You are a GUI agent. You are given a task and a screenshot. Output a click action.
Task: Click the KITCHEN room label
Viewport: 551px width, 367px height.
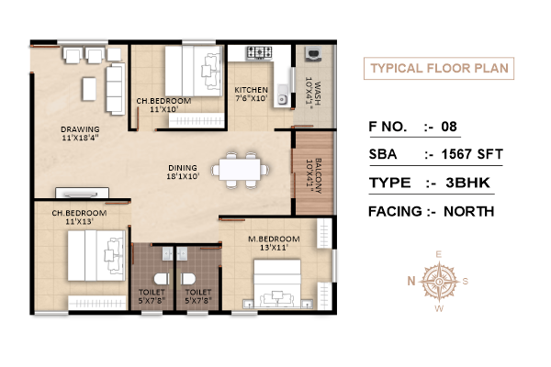[251, 90]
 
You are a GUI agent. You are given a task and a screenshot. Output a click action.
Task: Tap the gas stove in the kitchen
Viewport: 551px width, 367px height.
[259, 52]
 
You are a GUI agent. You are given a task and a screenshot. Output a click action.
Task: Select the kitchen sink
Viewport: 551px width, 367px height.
[282, 95]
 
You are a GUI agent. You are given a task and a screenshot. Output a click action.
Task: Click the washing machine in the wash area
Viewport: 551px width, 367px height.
[313, 54]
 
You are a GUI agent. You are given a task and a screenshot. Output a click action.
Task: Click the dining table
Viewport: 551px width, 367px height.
[240, 170]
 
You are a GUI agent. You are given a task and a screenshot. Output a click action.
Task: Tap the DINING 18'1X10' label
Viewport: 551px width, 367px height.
[183, 172]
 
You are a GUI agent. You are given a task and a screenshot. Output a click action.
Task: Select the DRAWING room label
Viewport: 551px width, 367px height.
[80, 129]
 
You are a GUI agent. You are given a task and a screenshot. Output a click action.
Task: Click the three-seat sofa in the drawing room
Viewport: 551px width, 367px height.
[116, 89]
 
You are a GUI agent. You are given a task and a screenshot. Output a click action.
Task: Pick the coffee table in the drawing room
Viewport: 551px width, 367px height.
[89, 89]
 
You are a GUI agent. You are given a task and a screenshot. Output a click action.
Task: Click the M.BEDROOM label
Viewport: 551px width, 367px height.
[274, 239]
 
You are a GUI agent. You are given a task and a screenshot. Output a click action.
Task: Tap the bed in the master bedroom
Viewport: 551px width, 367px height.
[277, 284]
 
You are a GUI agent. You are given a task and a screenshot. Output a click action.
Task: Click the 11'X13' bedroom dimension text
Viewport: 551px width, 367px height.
[79, 222]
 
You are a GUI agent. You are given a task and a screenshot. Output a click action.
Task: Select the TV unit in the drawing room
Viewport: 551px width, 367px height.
[83, 193]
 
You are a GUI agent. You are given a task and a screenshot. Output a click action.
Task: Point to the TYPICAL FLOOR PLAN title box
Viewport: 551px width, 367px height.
[439, 68]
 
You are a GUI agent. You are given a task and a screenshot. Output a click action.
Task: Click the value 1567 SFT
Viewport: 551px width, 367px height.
[472, 154]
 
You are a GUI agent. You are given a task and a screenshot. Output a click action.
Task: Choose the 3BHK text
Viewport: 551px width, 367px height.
[467, 183]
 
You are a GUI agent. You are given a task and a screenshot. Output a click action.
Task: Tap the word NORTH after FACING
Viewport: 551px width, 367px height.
[468, 211]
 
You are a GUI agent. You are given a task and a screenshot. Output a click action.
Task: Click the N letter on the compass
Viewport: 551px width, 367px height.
[411, 281]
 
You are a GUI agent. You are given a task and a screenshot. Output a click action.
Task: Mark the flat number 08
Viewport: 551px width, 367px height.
[449, 127]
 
